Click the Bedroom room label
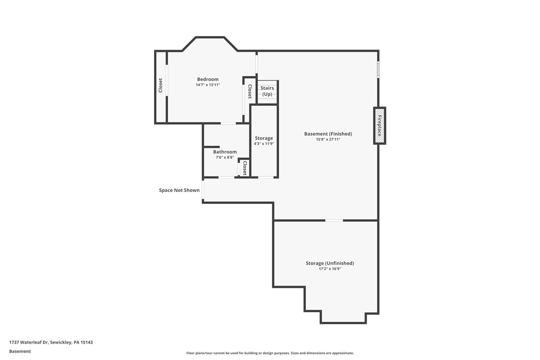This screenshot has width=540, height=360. [207, 80]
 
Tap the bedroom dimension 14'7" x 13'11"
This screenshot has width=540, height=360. [207, 85]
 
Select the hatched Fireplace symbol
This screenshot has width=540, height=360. [379, 126]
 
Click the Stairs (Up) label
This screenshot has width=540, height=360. [267, 91]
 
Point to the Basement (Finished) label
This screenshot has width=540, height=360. [328, 134]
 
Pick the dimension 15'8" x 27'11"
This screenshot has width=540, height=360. [328, 140]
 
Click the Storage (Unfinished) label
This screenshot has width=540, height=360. [330, 263]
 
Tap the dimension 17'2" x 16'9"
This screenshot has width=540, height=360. [330, 269]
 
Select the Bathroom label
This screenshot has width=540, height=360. [225, 152]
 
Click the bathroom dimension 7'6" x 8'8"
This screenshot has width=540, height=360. [225, 158]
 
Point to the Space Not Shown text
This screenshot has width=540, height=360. [179, 190]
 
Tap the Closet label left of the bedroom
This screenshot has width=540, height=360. [161, 86]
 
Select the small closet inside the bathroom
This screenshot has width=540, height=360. [244, 168]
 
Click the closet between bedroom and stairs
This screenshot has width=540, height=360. [250, 91]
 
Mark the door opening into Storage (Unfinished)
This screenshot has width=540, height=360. [334, 220]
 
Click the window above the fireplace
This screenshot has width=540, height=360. [378, 70]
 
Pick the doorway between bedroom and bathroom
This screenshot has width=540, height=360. [228, 123]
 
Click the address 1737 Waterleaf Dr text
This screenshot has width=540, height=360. [51, 342]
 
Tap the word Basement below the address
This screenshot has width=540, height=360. [20, 351]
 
